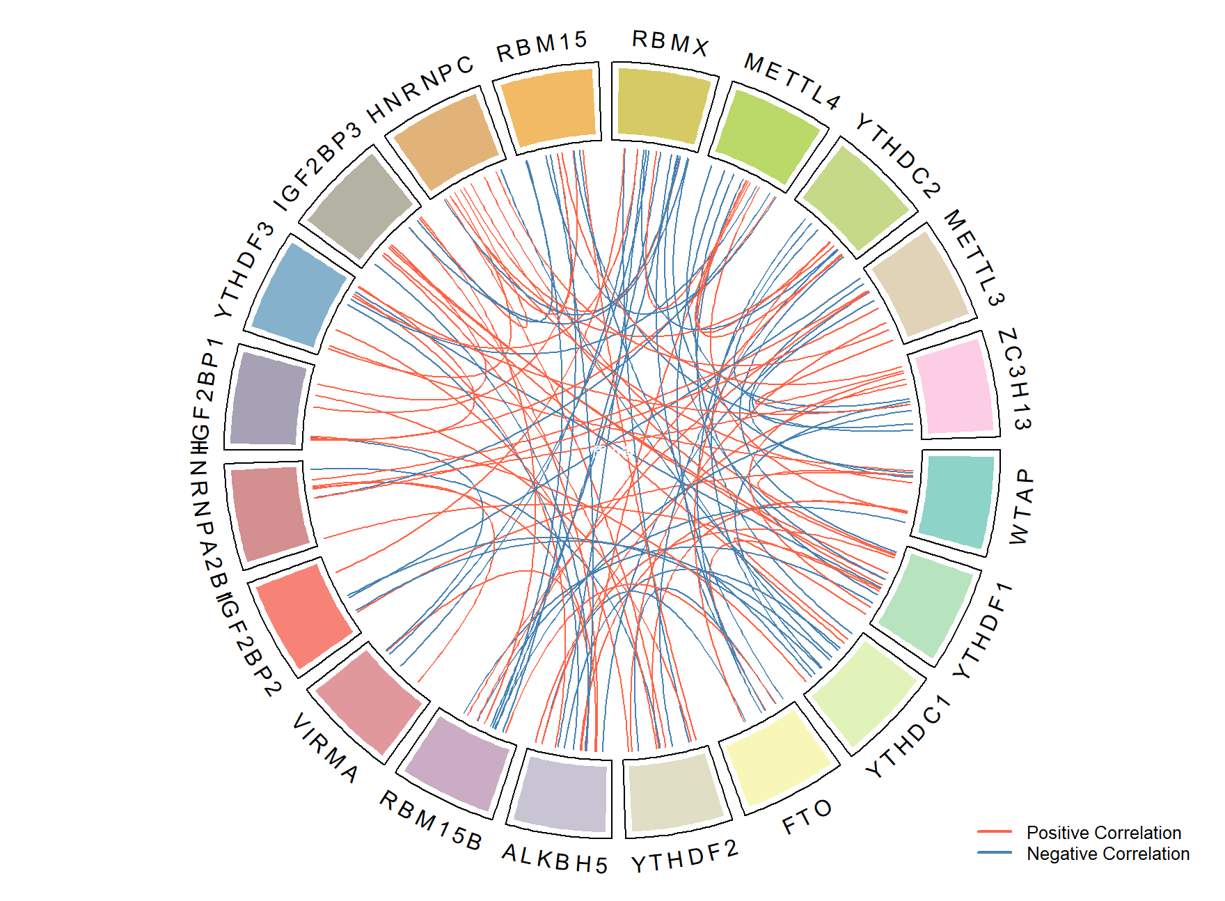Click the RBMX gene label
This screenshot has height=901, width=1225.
point(670,43)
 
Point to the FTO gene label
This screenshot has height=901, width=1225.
point(807,817)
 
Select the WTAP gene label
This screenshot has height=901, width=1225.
point(1020,507)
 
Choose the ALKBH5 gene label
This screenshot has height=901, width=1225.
point(555,859)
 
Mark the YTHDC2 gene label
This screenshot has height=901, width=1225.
point(898,155)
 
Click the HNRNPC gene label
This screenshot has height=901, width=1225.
point(420,89)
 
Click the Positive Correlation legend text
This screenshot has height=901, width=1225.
point(1103,833)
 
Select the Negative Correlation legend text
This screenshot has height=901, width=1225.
point(1107,854)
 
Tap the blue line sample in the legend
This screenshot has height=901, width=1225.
point(994,853)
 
